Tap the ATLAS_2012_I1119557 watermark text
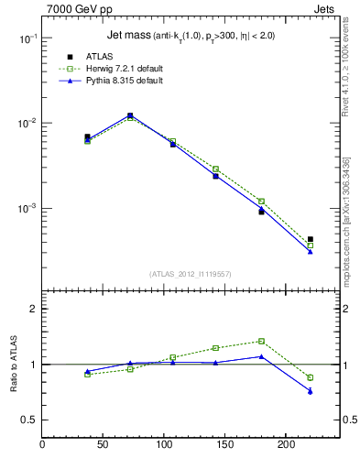click(191, 274)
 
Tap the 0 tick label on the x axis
click(42, 445)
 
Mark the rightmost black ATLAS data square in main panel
click(311, 239)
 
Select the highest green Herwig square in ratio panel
click(261, 341)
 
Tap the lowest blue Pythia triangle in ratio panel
click(311, 391)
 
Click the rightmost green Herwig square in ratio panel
click(311, 377)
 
